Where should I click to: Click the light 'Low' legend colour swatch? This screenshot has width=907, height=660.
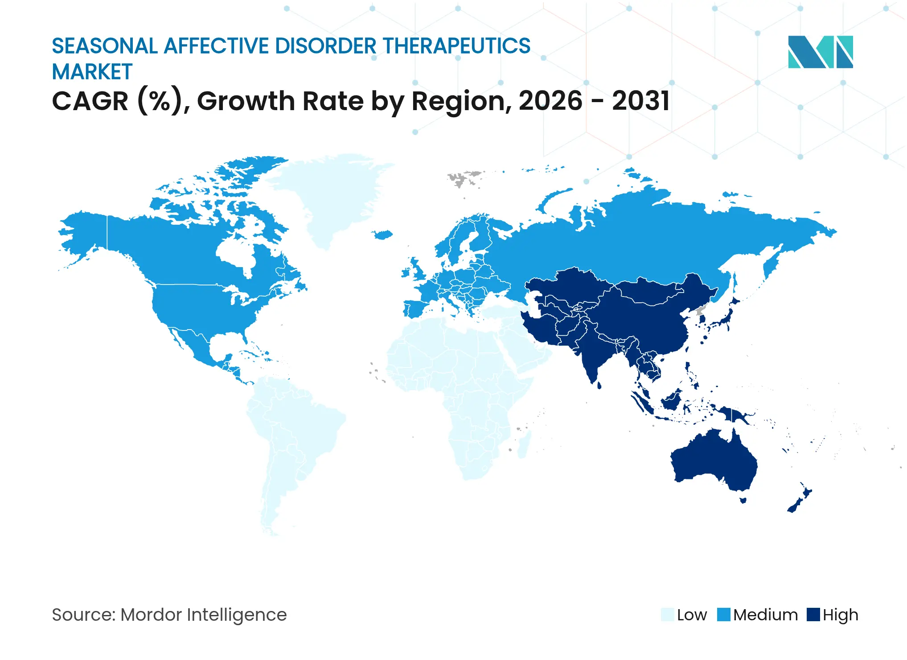click(667, 615)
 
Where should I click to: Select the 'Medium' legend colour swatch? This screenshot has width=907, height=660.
click(724, 615)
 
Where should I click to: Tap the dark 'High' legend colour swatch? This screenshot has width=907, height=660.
click(813, 615)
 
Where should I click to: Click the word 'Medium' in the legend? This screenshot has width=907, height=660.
click(765, 615)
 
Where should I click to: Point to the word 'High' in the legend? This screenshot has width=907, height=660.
click(840, 615)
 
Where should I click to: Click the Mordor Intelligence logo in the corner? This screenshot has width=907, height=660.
click(820, 52)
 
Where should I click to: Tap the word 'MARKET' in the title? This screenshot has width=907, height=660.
click(92, 72)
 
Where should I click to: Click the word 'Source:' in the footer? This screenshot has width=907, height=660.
click(83, 615)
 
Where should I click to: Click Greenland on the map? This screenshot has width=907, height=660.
click(330, 196)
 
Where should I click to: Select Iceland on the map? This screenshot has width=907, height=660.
click(382, 234)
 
